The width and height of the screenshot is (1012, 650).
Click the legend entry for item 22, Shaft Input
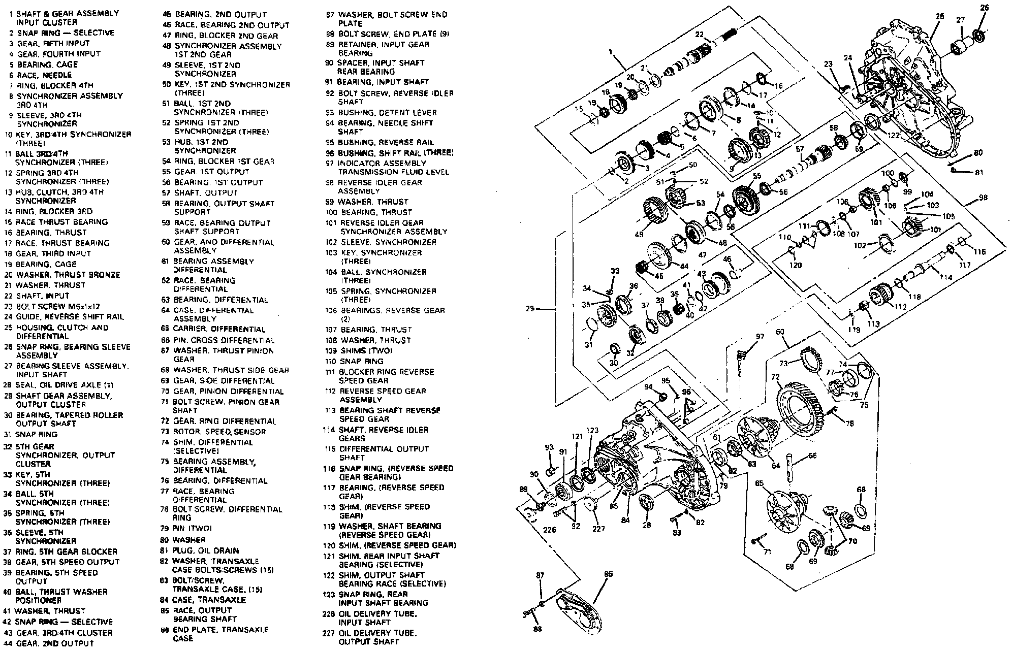click(43, 296)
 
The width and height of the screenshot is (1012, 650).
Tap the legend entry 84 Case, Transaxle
click(209, 600)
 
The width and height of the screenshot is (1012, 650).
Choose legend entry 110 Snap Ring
click(361, 361)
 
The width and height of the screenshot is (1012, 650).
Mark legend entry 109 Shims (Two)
click(365, 350)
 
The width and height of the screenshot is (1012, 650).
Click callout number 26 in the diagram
click(984, 8)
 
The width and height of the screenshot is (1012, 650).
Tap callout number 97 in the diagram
click(760, 337)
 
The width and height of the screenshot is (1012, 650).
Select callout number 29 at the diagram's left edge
click(530, 308)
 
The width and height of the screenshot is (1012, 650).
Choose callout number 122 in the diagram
click(894, 135)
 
